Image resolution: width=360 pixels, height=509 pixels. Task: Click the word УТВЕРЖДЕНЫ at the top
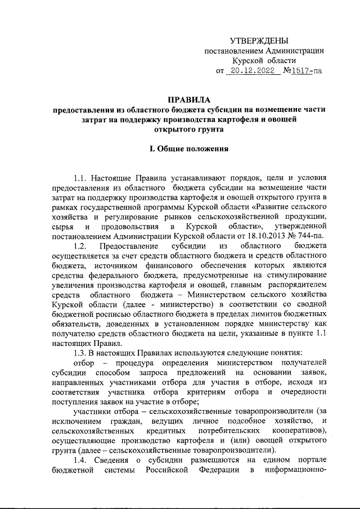coord(260,41)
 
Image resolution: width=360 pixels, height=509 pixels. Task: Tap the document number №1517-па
coord(303,71)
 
